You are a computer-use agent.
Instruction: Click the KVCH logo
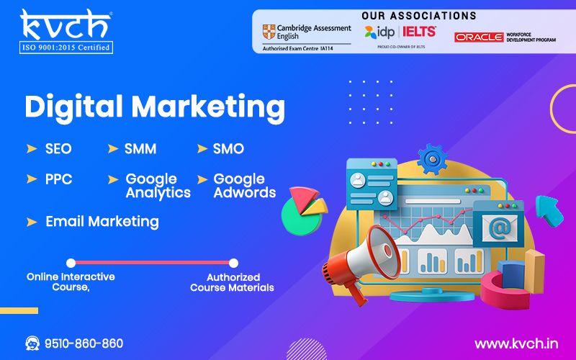tap(64, 24)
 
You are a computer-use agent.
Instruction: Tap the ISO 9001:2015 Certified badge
tap(66, 48)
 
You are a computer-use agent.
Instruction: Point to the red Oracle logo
tap(478, 37)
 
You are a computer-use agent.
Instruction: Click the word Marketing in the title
tap(208, 107)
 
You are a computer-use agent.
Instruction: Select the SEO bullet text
tap(58, 149)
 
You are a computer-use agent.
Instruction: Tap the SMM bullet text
tap(140, 149)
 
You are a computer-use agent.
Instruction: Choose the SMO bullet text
tap(228, 149)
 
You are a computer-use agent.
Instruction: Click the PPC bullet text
tap(59, 179)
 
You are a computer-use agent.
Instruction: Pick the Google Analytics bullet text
tap(158, 186)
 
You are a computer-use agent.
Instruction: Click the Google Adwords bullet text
tap(244, 186)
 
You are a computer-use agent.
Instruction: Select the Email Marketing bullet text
tap(102, 222)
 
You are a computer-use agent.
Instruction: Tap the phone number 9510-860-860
tap(84, 343)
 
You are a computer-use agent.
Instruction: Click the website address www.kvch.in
tap(516, 343)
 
